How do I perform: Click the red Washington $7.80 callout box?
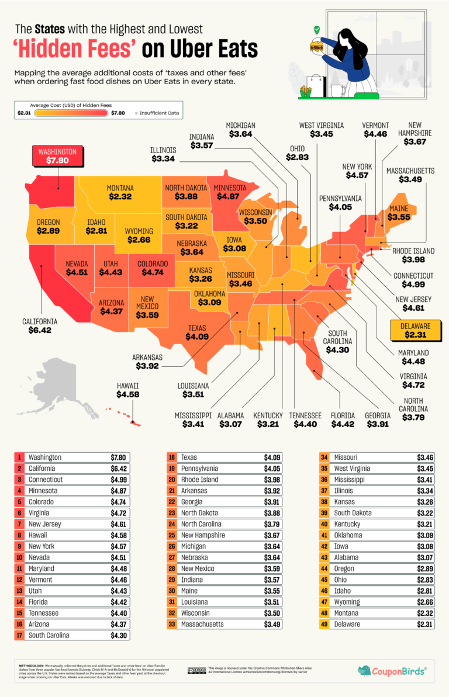point(58,156)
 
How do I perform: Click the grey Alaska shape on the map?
point(58,386)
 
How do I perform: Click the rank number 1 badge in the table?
point(19,457)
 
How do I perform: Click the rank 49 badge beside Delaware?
point(323,624)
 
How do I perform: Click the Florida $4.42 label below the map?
point(343,420)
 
